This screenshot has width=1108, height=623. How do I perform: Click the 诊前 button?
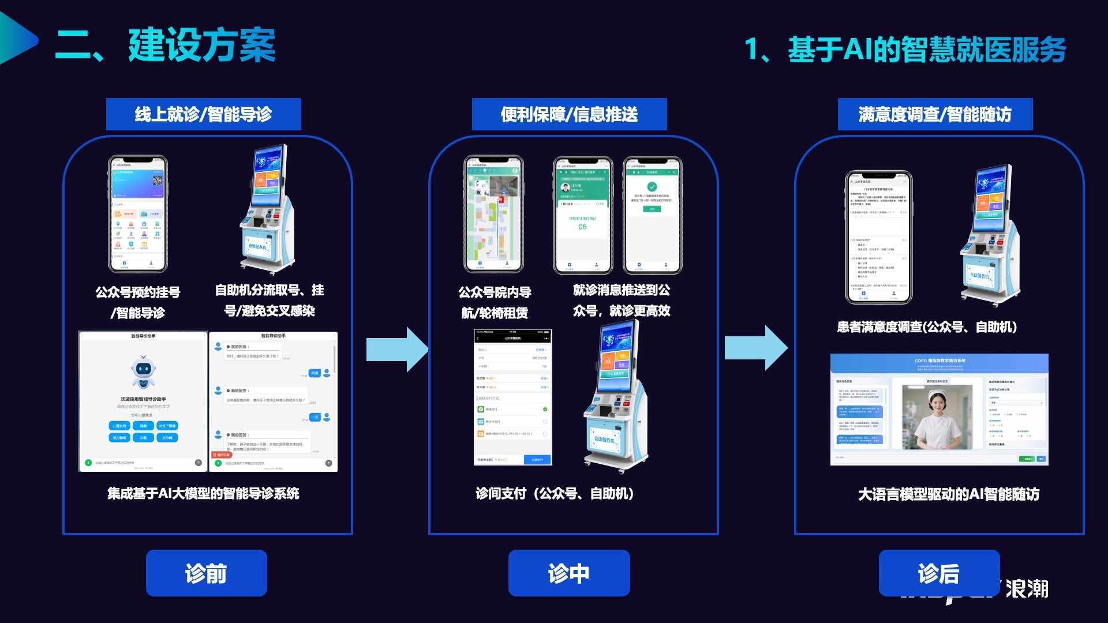pos(206,573)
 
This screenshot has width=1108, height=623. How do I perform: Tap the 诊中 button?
pos(568,573)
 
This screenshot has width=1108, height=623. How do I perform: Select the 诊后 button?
pos(938,573)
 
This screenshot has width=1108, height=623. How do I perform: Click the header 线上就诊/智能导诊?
pos(203,114)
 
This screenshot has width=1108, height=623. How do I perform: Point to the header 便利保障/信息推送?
pos(569,114)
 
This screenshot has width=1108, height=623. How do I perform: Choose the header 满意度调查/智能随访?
pos(935,114)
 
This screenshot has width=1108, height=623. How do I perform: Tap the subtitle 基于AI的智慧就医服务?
pos(926,49)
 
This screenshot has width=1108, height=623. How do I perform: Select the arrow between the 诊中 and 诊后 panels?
pos(755,348)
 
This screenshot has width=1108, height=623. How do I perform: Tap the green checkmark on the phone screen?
pos(652,187)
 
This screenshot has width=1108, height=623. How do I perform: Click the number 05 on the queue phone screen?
pos(582,227)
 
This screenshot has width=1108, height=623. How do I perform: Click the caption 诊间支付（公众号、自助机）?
pos(555,494)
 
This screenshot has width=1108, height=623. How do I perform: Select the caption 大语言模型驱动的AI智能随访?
pos(948,494)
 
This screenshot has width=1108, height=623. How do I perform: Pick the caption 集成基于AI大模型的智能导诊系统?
pos(203,494)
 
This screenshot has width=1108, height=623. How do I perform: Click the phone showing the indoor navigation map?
pos(494,213)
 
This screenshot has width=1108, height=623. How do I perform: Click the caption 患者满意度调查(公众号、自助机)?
pos(927,327)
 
